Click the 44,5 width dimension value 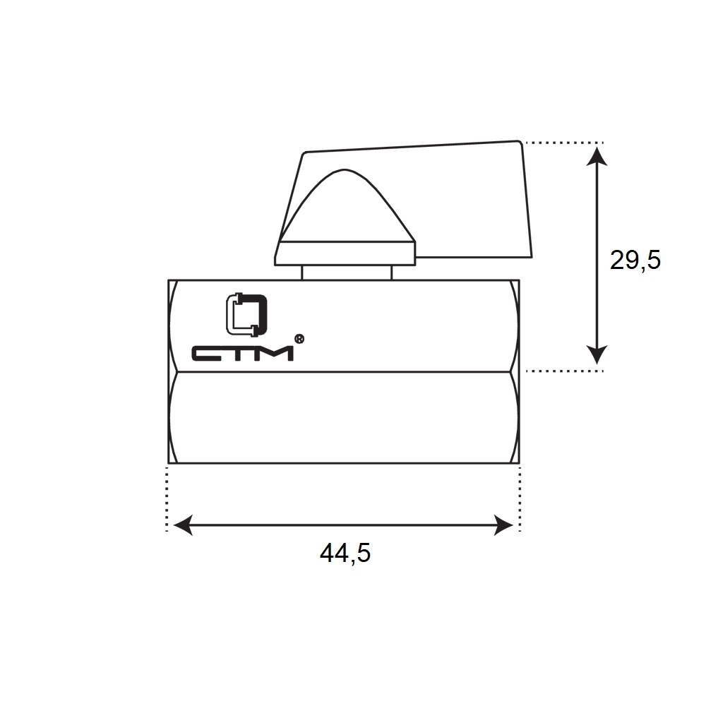[345, 553]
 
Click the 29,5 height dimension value [635, 261]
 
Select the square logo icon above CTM [246, 315]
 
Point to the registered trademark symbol [299, 339]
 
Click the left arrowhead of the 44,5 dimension [183, 525]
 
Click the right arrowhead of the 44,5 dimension [503, 525]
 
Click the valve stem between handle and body [347, 273]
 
